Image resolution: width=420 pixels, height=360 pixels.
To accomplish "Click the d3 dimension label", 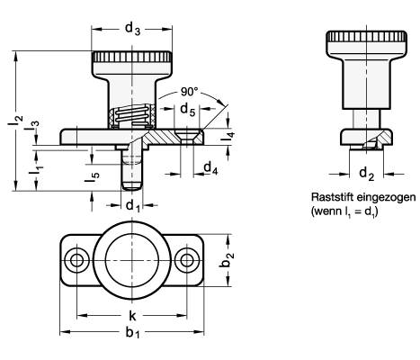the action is [x=132, y=30].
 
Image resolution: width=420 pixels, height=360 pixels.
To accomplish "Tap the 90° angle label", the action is [x=189, y=92].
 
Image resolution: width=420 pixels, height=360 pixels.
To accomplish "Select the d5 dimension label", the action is [x=187, y=110].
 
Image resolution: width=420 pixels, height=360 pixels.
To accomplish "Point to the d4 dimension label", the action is [x=210, y=167].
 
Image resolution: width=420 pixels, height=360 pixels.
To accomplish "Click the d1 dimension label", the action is [x=133, y=206].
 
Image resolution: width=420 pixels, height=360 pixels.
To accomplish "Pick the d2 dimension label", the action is [x=366, y=174].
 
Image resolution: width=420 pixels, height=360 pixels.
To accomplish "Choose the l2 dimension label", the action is [x=15, y=121].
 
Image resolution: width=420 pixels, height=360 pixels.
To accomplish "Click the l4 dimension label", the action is [x=230, y=138].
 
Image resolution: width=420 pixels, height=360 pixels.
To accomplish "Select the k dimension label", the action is [x=132, y=315].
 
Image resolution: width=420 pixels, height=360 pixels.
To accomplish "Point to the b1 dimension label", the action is [x=132, y=333].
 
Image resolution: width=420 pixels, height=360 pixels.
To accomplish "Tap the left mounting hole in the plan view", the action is [x=76, y=260].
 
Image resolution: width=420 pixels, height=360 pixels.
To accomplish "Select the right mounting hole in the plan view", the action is [x=187, y=260].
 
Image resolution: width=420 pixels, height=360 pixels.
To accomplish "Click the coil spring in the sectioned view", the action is [x=132, y=116].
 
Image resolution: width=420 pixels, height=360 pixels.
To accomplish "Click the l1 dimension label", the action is [x=37, y=170].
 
